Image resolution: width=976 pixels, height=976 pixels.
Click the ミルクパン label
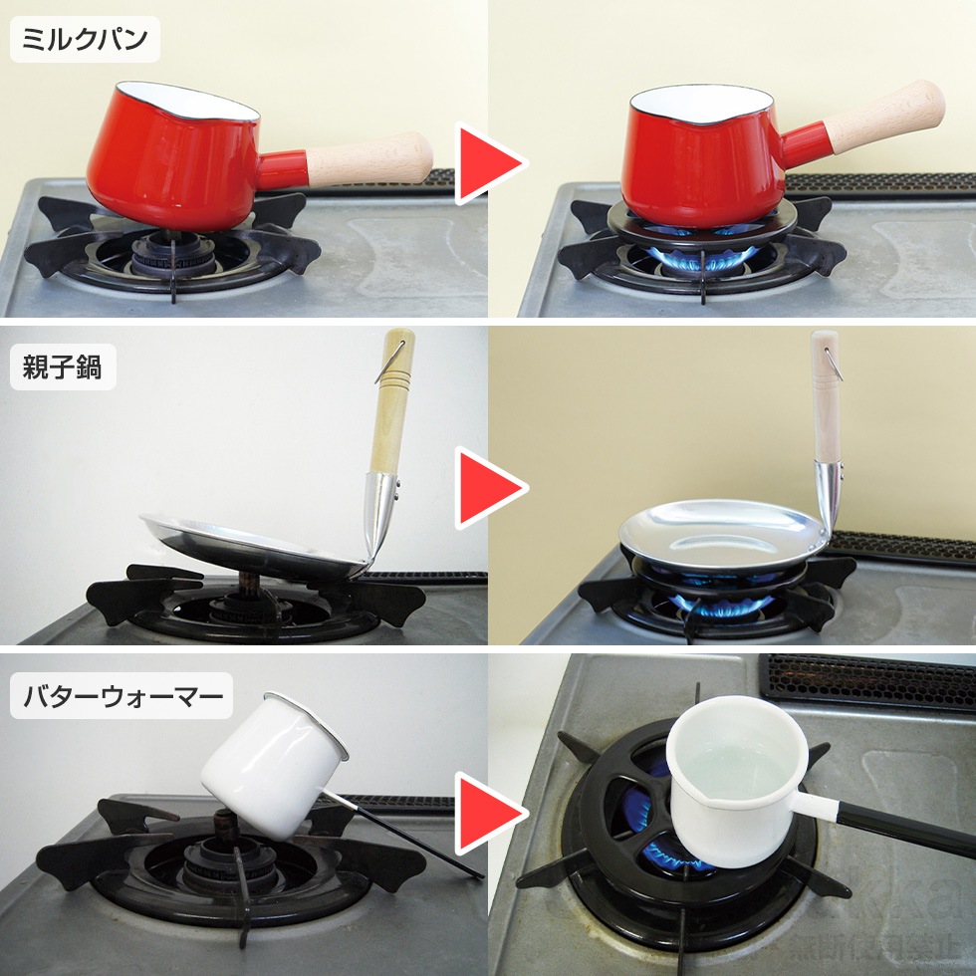tap(85, 40)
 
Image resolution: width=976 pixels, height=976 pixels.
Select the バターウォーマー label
tap(122, 696)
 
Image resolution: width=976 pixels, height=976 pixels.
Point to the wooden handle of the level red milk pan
tap(884, 118)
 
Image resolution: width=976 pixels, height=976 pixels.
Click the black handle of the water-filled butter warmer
tap(896, 832)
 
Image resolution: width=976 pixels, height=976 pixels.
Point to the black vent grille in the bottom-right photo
tap(866, 682)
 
